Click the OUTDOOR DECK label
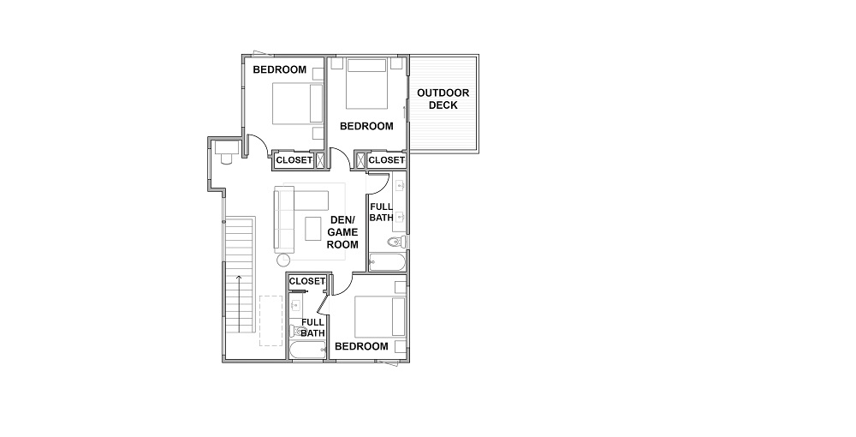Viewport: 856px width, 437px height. [443, 99]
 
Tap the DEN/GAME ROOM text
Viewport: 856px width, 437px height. [342, 232]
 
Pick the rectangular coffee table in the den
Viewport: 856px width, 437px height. [313, 228]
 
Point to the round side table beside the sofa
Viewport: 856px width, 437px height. [283, 260]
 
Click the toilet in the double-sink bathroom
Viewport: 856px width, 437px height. [396, 242]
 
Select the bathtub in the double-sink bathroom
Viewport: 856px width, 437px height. [387, 262]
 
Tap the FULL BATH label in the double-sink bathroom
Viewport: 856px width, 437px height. [381, 212]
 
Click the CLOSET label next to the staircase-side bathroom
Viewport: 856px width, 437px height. [306, 281]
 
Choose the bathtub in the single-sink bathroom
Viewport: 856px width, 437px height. [307, 350]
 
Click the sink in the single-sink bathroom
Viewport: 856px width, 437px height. [296, 305]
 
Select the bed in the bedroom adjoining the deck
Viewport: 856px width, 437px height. [367, 84]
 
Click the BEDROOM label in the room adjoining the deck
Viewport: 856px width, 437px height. [366, 126]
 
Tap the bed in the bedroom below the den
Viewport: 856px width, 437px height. [380, 317]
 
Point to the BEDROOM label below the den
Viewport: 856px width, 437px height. [361, 346]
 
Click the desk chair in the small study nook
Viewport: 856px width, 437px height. [226, 159]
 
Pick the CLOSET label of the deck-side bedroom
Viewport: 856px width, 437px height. [387, 160]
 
